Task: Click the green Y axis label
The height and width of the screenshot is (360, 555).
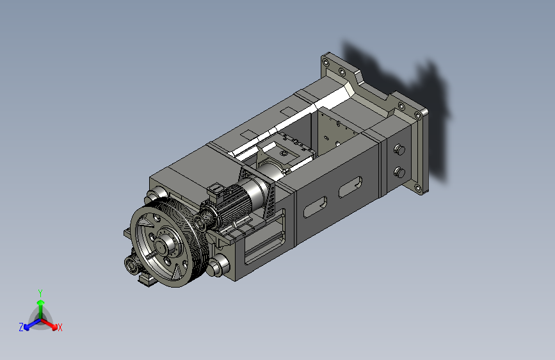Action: click(x=40, y=293)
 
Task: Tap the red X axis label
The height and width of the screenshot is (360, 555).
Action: click(x=60, y=327)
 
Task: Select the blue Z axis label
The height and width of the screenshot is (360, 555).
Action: click(x=21, y=327)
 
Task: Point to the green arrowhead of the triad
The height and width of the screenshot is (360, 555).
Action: click(x=41, y=302)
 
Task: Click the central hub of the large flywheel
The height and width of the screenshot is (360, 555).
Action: click(x=163, y=245)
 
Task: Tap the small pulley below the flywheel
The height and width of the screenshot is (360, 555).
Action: click(x=132, y=265)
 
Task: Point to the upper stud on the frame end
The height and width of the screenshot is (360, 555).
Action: click(x=399, y=149)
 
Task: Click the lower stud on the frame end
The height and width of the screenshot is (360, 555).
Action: click(x=399, y=172)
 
